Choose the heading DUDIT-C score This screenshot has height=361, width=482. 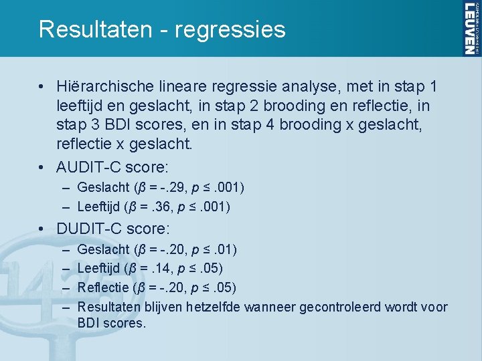click(x=111, y=229)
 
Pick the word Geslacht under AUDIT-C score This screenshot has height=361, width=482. click(x=104, y=187)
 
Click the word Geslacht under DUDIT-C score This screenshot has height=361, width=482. click(x=104, y=249)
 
